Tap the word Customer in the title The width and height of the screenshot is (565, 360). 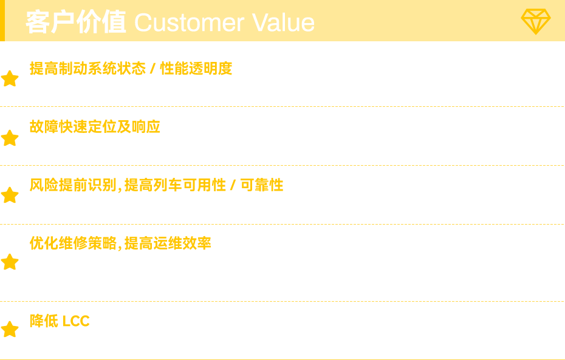[x=190, y=22]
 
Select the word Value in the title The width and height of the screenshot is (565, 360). [x=283, y=22]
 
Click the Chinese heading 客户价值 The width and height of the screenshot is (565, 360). [x=76, y=22]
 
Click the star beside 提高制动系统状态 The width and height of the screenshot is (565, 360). [x=10, y=78]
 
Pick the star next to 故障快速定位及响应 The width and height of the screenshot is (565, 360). [x=10, y=138]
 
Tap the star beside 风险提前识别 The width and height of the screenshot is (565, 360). [x=10, y=195]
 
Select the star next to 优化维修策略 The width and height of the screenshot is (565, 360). [x=10, y=262]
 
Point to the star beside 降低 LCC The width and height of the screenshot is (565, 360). [x=10, y=329]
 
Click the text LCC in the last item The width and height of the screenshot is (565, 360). [x=76, y=321]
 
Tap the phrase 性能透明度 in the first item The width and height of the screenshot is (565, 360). [x=196, y=69]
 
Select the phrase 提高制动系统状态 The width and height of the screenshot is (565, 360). [x=87, y=69]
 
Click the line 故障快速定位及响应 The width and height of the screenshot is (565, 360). [x=95, y=127]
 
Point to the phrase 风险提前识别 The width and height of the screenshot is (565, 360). [x=73, y=185]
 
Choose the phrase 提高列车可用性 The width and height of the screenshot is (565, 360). [x=175, y=185]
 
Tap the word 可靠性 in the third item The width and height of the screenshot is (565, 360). [x=262, y=185]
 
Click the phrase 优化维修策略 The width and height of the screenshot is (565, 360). [x=73, y=243]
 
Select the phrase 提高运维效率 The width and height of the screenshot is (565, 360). [x=168, y=243]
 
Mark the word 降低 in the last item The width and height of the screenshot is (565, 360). [x=44, y=321]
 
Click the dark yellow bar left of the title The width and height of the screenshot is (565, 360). [x=2, y=21]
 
